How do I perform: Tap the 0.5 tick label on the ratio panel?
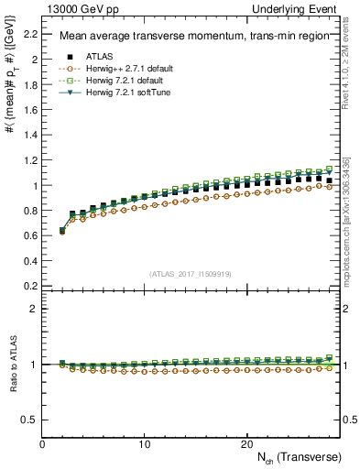(28, 420)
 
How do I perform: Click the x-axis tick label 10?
(144, 444)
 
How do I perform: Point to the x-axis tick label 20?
(245, 444)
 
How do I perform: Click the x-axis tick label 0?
(42, 444)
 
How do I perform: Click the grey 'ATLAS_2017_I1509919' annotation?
(190, 273)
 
